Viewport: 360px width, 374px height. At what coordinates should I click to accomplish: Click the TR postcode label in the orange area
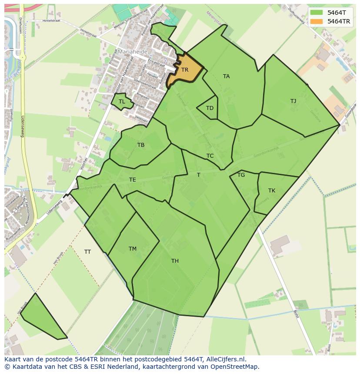(185, 70)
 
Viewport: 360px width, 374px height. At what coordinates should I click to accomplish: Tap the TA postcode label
(226, 76)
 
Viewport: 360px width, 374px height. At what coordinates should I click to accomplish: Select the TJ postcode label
(293, 101)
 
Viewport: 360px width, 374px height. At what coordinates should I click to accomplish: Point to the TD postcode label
(210, 108)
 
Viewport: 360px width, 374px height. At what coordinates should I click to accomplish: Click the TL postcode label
(122, 102)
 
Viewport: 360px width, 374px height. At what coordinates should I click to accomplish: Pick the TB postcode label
(141, 145)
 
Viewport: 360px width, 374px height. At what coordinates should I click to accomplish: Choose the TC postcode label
(210, 156)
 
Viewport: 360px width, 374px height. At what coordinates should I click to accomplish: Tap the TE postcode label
(133, 180)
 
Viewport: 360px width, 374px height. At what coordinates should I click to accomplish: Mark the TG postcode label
(241, 175)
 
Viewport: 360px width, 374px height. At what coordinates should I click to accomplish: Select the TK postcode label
(272, 191)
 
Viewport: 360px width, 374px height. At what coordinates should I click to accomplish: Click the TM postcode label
(133, 249)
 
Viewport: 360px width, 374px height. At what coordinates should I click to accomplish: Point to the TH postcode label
(175, 261)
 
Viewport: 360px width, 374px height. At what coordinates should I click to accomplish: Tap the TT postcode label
(87, 252)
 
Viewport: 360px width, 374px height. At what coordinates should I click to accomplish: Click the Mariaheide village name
(132, 51)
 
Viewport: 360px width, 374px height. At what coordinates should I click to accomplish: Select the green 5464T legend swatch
(317, 13)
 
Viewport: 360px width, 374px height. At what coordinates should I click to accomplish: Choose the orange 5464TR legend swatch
(317, 21)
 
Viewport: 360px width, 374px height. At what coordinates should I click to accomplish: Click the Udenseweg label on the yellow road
(22, 126)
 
